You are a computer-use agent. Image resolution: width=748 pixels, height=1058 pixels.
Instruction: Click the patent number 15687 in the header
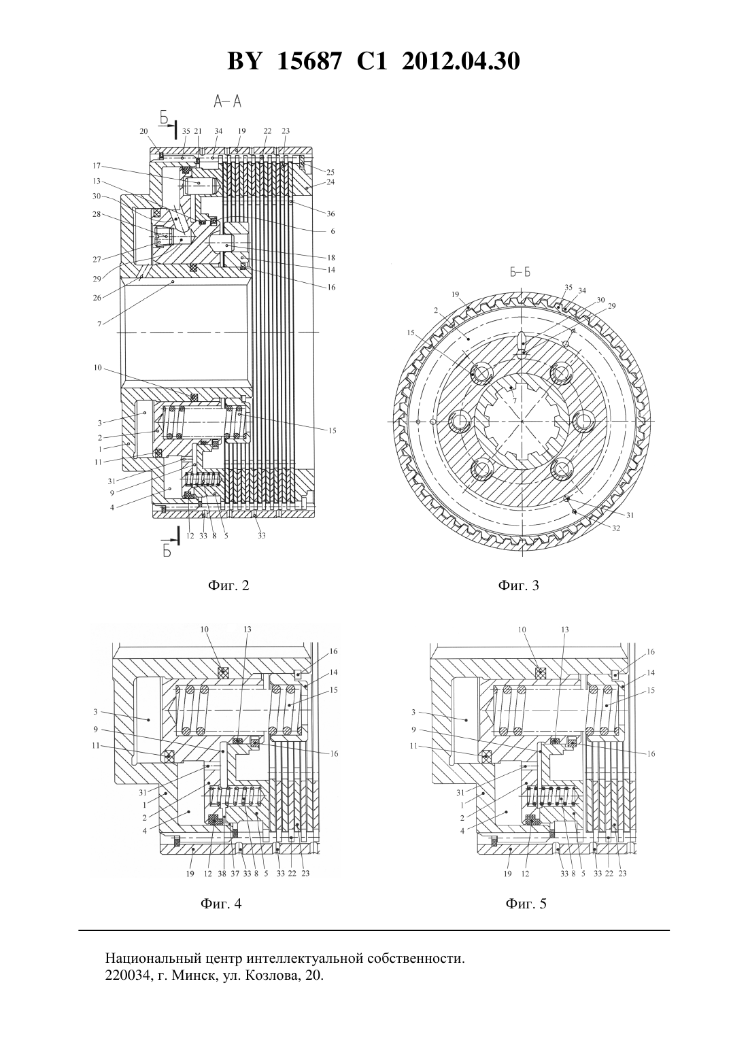308,61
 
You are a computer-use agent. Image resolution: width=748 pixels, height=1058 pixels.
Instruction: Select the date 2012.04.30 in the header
460,61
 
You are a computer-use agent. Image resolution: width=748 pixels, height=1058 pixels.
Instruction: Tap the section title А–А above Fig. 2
228,101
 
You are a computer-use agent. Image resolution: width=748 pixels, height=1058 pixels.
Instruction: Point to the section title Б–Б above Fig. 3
520,273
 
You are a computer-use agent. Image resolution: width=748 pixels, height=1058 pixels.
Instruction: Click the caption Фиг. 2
228,585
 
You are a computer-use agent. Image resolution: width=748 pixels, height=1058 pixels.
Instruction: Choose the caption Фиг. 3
518,585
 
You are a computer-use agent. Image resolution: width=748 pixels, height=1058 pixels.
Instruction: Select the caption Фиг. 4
222,904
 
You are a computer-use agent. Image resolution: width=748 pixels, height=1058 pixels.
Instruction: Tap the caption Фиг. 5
526,904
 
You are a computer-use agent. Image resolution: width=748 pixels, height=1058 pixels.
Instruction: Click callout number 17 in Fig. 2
97,166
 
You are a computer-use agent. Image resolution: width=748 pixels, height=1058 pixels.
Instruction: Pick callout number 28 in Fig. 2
97,214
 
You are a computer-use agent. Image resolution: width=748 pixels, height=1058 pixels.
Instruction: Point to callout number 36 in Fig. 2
330,214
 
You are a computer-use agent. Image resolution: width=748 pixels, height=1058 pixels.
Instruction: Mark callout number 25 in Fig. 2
330,172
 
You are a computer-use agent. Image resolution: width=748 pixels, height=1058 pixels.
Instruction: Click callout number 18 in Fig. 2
331,258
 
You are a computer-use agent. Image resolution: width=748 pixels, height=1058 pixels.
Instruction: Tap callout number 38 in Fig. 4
222,874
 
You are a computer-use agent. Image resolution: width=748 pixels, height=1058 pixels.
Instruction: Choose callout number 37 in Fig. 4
235,874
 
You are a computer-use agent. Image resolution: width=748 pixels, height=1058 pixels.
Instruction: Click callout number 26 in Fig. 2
97,298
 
